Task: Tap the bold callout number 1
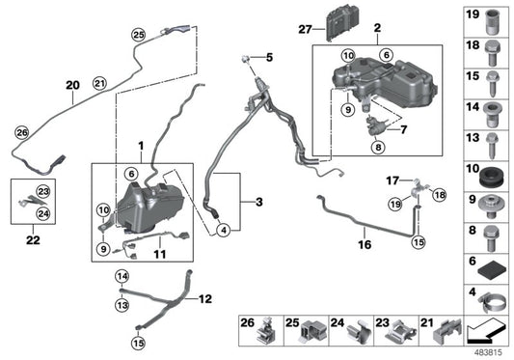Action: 142,146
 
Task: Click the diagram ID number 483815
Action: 488,351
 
